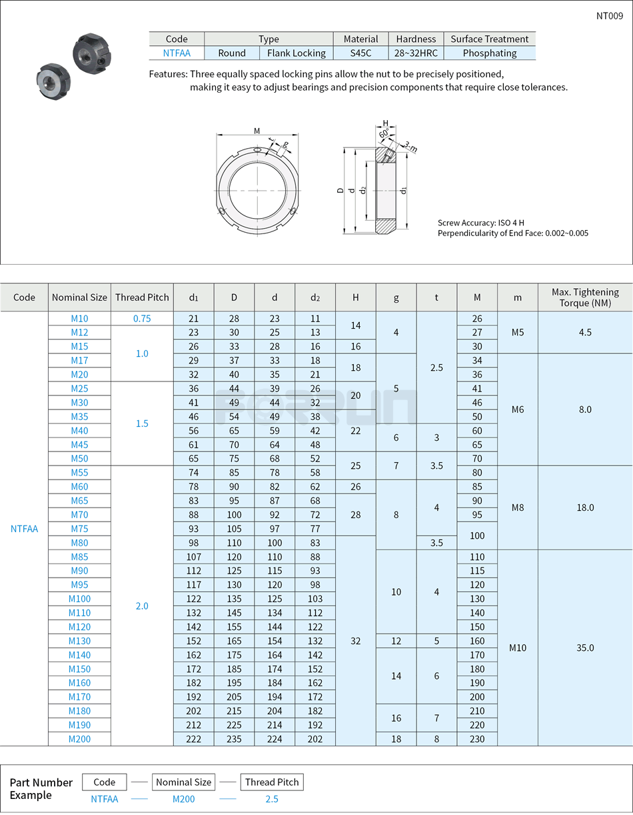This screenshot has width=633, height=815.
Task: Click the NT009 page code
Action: tap(609, 16)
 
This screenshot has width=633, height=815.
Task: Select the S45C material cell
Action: tap(360, 53)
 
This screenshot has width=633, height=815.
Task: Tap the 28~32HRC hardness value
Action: tap(416, 53)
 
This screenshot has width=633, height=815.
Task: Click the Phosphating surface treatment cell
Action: tap(489, 53)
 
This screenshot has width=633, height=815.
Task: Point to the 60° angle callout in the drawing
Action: tap(384, 134)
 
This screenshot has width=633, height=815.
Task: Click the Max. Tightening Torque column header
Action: tap(585, 297)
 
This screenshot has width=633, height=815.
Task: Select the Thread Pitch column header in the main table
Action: tap(142, 297)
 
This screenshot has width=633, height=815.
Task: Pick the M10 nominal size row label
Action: tap(79, 319)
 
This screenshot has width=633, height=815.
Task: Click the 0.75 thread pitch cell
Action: tap(142, 319)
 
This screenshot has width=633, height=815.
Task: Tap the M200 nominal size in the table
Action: tap(79, 739)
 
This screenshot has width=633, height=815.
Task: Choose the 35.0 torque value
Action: tap(585, 648)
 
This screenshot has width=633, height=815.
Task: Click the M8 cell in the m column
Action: tap(518, 508)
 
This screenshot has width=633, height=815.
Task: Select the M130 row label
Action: tap(79, 641)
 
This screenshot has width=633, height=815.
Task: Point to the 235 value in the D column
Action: tap(234, 739)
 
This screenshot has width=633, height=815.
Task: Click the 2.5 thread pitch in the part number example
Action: tap(271, 799)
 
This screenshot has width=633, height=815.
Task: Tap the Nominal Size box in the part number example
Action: tap(183, 782)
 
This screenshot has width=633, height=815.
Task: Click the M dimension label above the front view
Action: tap(257, 131)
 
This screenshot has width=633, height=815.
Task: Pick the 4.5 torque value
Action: tap(585, 332)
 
